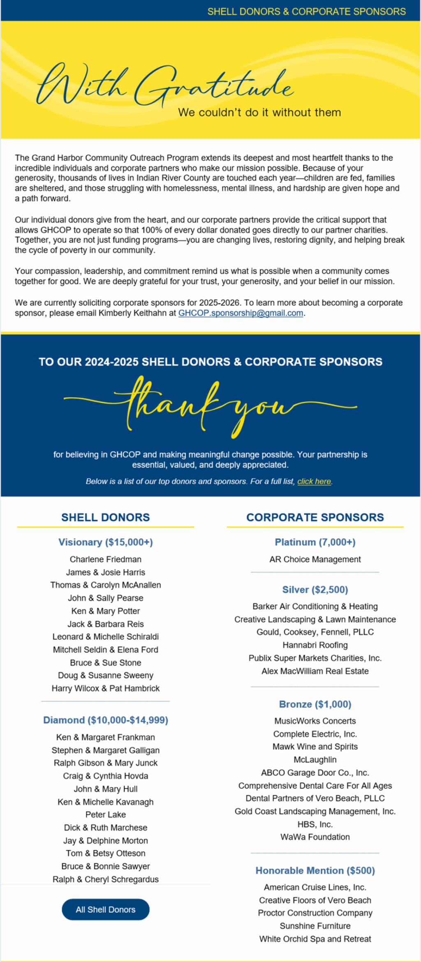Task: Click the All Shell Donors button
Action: pyautogui.click(x=105, y=909)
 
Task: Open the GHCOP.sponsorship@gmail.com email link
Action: pyautogui.click(x=241, y=313)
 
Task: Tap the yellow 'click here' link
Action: pyautogui.click(x=314, y=481)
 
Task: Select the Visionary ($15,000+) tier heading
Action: pyautogui.click(x=106, y=542)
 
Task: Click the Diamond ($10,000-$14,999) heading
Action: pyautogui.click(x=106, y=720)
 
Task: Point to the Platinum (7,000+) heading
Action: pyautogui.click(x=315, y=542)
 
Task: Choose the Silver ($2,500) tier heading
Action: pyautogui.click(x=315, y=590)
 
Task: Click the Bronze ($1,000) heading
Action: pyautogui.click(x=315, y=704)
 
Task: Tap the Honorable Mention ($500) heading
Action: pyautogui.click(x=315, y=870)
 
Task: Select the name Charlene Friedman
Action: pyautogui.click(x=106, y=559)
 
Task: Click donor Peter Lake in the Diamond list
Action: pyautogui.click(x=106, y=814)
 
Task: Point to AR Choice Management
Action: pyautogui.click(x=315, y=559)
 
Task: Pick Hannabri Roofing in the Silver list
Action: pyautogui.click(x=315, y=645)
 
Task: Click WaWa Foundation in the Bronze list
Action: pyautogui.click(x=315, y=837)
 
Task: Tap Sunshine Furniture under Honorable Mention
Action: pyautogui.click(x=315, y=926)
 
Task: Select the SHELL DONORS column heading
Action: pyautogui.click(x=106, y=517)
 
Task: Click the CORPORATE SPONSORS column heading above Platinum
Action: pyautogui.click(x=315, y=517)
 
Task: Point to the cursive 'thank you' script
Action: pyautogui.click(x=210, y=407)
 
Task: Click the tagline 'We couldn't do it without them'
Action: pyautogui.click(x=259, y=112)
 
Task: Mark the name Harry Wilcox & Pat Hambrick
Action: pyautogui.click(x=106, y=688)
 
